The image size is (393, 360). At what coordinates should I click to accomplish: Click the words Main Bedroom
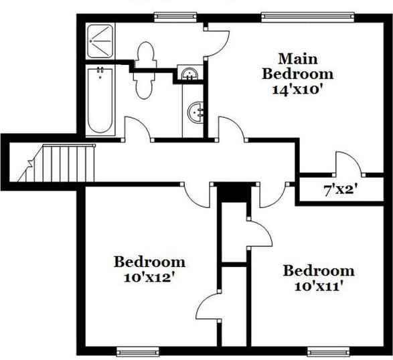[297, 65]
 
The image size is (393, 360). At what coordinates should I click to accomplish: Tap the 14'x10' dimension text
[297, 87]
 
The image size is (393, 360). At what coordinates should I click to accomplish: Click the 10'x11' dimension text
[318, 286]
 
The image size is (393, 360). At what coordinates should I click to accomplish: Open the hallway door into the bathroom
[138, 129]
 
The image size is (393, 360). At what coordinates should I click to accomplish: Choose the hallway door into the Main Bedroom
[230, 129]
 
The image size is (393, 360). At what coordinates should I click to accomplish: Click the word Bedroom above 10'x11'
[318, 271]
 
